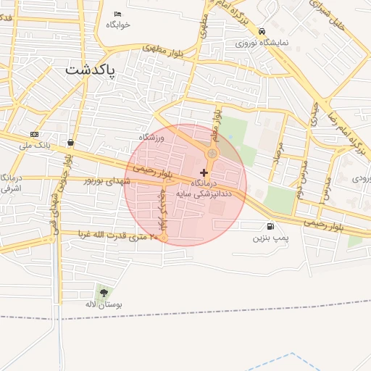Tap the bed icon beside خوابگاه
[x=118, y=14]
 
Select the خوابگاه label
[x=118, y=25]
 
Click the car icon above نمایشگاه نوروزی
[x=262, y=31]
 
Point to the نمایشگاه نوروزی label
[x=262, y=42]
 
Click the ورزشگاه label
[x=152, y=137]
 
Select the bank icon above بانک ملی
[x=34, y=135]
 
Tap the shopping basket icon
[x=70, y=143]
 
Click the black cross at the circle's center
[x=204, y=172]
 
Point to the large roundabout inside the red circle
[x=212, y=154]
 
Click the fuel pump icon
[x=270, y=226]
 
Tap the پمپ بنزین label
[x=270, y=237]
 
